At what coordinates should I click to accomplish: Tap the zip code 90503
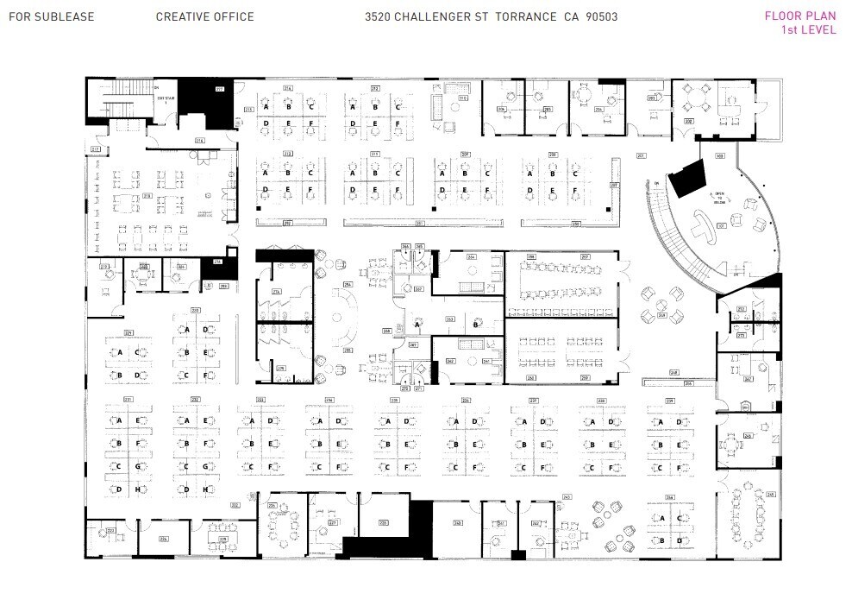[x=601, y=16]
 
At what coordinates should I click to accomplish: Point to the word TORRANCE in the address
[x=525, y=16]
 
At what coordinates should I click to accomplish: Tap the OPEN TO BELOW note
[x=717, y=198]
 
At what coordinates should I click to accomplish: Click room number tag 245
[x=770, y=495]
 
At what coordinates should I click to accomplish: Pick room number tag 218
[x=147, y=195]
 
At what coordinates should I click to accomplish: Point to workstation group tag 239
[x=669, y=401]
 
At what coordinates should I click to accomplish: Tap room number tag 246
[x=749, y=437]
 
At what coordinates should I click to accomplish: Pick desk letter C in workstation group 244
[x=681, y=518]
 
